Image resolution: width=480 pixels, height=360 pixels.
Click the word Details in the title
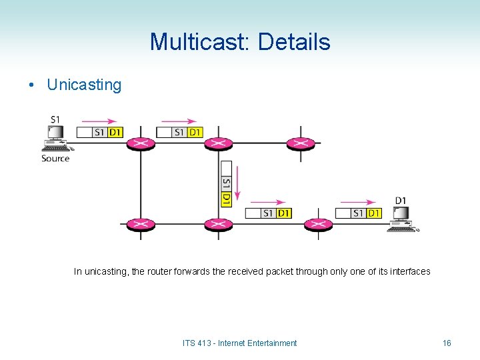(293, 42)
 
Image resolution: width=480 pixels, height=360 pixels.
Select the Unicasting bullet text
(84, 85)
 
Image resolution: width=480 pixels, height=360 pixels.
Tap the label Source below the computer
(55, 158)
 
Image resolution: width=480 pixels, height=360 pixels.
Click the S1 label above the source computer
(55, 120)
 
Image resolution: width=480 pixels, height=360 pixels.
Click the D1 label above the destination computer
(401, 201)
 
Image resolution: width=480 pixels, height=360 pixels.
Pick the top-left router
(140, 143)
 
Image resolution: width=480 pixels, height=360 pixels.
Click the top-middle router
(218, 143)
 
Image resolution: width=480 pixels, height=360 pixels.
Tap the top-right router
(300, 143)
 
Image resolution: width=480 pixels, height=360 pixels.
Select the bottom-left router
(140, 225)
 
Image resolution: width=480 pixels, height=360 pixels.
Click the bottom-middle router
(218, 225)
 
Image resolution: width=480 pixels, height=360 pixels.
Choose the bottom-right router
(317, 225)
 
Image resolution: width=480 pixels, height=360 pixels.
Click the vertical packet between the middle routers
(226, 183)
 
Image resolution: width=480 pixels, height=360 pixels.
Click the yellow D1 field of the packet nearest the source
(115, 132)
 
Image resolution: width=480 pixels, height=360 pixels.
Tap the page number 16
(447, 343)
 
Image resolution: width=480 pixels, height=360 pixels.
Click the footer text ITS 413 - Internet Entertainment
(239, 343)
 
